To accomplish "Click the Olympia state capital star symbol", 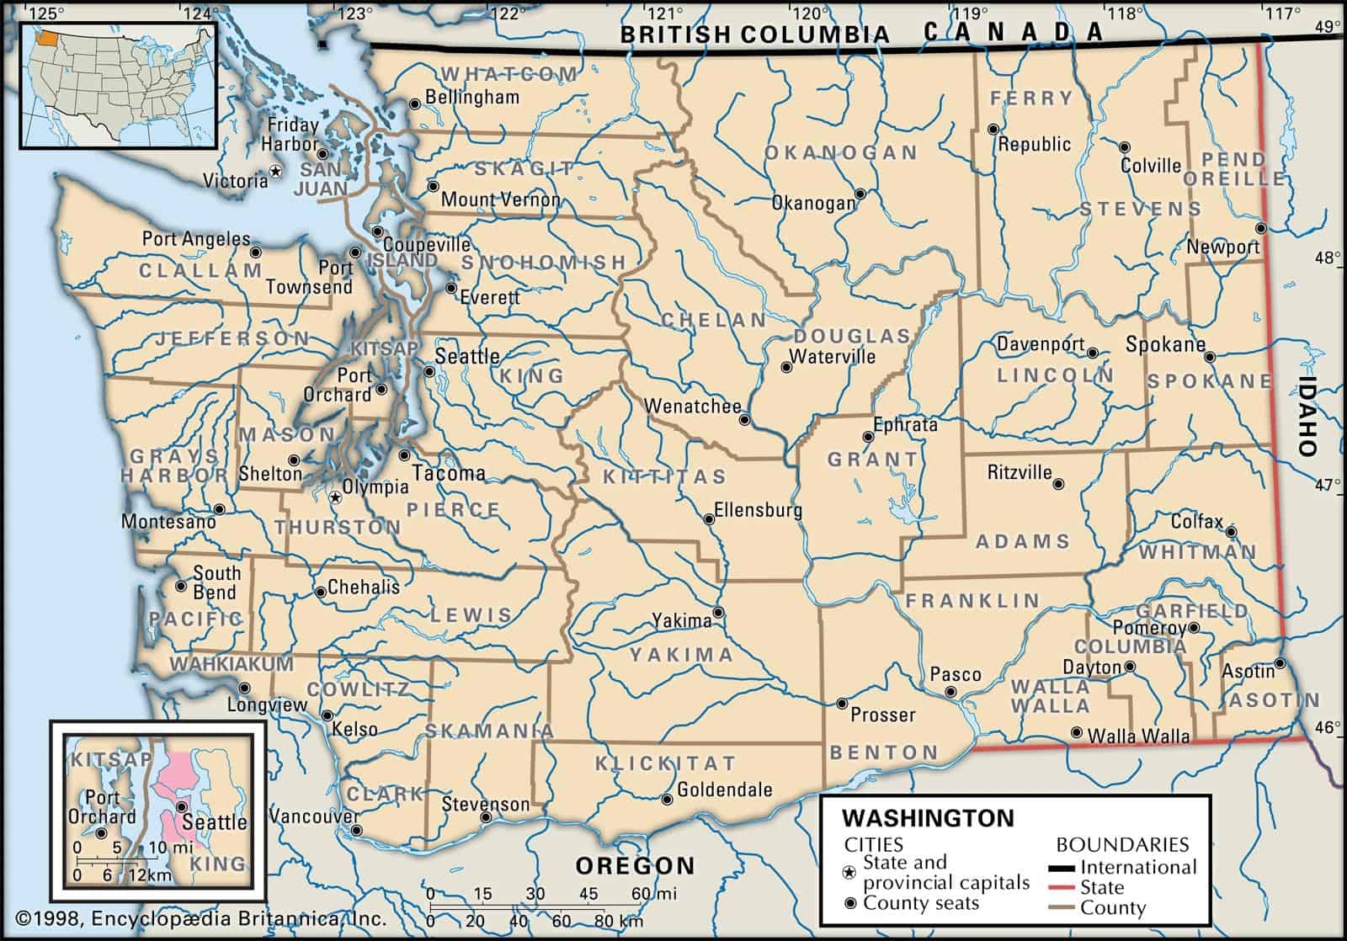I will pos(335,497).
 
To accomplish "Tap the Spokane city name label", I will pos(1165,344).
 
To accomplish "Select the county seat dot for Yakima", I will pos(718,612).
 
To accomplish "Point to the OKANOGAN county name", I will pos(840,152).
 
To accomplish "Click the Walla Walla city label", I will pos(1138,736).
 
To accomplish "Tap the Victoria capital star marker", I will pos(274,171).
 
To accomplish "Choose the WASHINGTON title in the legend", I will pos(929,818).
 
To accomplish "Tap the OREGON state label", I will pos(635,865).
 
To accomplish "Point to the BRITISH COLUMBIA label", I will pos(754,34).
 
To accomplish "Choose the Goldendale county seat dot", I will pos(667,799).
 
